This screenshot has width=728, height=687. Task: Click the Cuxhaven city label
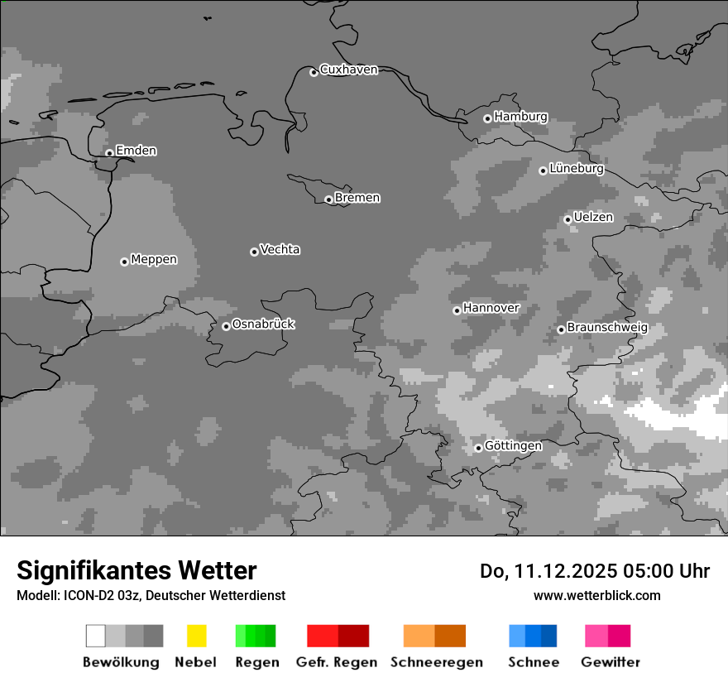click(x=348, y=70)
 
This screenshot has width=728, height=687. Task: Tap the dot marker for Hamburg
click(x=487, y=118)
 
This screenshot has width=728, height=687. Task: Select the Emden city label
click(x=136, y=151)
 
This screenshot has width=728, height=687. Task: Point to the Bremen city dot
click(x=328, y=199)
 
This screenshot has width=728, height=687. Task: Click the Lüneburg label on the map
click(x=576, y=169)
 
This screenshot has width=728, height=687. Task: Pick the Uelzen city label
click(x=593, y=218)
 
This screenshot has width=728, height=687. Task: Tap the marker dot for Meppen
click(x=124, y=262)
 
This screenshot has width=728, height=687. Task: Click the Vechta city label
click(x=280, y=250)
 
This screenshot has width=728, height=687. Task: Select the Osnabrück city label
click(x=263, y=324)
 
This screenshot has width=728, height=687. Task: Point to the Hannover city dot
click(x=457, y=310)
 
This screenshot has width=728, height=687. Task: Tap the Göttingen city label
click(x=513, y=446)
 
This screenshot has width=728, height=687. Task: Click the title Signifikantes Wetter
click(x=136, y=571)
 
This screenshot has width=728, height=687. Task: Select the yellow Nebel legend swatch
click(x=196, y=636)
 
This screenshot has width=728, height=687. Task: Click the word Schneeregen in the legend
click(x=437, y=662)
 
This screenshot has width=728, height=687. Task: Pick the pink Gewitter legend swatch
click(x=596, y=636)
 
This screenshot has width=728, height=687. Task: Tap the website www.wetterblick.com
click(x=596, y=596)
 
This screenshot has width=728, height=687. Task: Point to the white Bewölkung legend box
click(x=95, y=636)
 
